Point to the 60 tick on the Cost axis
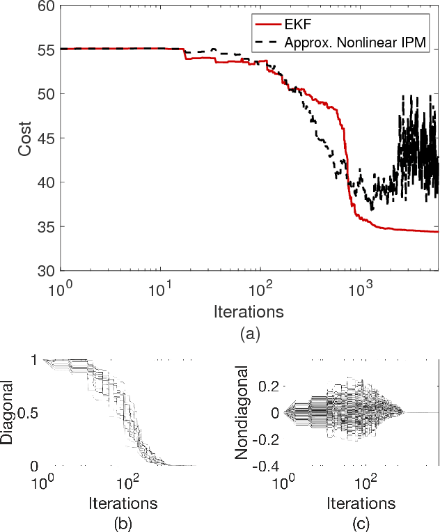(46, 6)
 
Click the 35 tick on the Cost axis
(46, 227)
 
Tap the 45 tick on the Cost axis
(46, 139)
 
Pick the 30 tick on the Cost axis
(46, 271)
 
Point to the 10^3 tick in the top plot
(359, 287)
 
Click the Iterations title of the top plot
(250, 309)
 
